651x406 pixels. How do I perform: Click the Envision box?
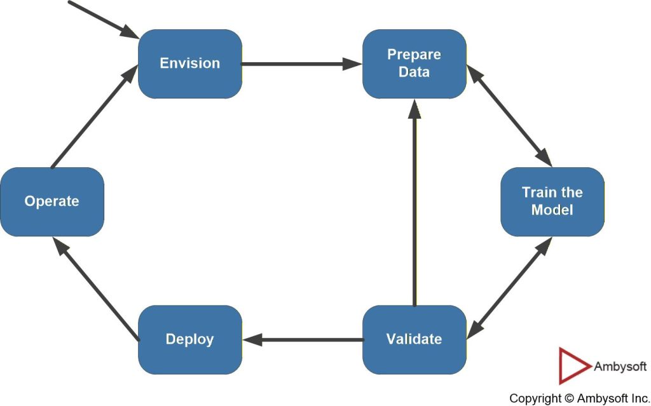tap(189, 64)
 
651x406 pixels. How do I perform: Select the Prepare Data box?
tap(414, 64)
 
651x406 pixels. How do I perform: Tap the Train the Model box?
tap(552, 201)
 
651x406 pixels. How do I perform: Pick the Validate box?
tap(414, 339)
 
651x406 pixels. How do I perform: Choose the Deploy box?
tap(189, 339)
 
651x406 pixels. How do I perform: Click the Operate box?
tap(51, 201)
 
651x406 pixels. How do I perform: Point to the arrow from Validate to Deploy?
tap(302, 340)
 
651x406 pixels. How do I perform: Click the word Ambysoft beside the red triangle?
tap(620, 367)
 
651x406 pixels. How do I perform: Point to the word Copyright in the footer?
tap(535, 398)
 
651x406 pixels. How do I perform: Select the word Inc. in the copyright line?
tap(636, 398)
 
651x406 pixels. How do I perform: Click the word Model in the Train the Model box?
tap(552, 210)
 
